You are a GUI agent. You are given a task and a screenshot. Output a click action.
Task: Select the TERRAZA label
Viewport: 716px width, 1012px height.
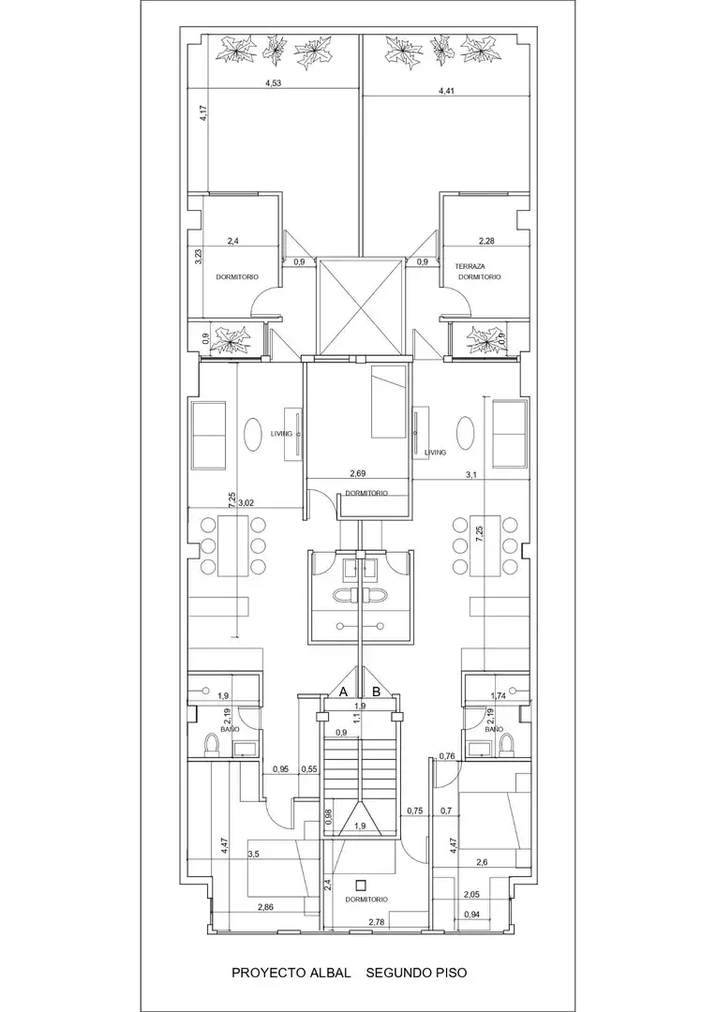pyautogui.click(x=470, y=266)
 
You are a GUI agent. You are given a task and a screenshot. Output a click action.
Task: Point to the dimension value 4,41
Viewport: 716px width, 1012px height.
pyautogui.click(x=447, y=91)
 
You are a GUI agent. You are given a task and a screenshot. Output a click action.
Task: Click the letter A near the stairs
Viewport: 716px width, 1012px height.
pyautogui.click(x=344, y=692)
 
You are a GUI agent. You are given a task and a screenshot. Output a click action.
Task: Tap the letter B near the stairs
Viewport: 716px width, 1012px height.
pyautogui.click(x=377, y=692)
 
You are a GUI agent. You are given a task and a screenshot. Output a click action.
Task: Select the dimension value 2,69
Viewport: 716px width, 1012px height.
pyautogui.click(x=358, y=474)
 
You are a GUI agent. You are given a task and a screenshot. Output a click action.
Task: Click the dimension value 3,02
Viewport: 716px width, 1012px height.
pyautogui.click(x=246, y=502)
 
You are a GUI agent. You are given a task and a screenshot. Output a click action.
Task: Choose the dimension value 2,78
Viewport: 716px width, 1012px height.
pyautogui.click(x=377, y=922)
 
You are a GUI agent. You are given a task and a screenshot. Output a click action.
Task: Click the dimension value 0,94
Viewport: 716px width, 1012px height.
pyautogui.click(x=472, y=915)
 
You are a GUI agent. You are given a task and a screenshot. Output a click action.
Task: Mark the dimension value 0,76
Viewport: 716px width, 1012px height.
pyautogui.click(x=447, y=756)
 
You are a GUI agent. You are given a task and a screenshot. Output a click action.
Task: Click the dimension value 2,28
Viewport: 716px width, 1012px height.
pyautogui.click(x=486, y=242)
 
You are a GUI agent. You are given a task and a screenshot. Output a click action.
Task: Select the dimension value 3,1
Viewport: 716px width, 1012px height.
pyautogui.click(x=471, y=475)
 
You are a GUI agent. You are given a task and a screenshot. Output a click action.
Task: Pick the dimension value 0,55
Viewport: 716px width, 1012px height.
pyautogui.click(x=309, y=768)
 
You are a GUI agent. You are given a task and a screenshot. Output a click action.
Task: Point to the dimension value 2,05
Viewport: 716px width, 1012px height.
pyautogui.click(x=472, y=895)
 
